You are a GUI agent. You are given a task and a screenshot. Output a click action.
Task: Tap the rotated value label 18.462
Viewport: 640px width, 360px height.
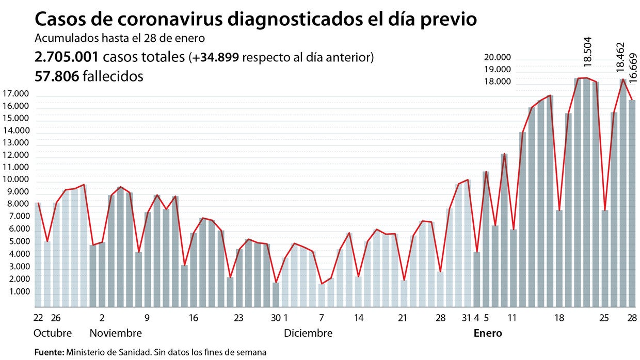pos(620,57)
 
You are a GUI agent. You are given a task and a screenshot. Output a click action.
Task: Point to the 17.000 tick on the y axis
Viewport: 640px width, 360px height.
pos(15,94)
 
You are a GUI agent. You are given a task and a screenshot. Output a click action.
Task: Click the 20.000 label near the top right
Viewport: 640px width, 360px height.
pos(498,57)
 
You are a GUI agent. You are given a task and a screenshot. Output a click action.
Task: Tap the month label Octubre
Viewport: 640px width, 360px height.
pos(53,333)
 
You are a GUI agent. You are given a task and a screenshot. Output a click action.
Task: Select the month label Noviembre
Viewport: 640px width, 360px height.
pos(116,333)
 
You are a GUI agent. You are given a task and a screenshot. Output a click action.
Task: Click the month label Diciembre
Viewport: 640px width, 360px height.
pos(308,333)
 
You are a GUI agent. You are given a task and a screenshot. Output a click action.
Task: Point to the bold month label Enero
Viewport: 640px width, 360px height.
pos(488,333)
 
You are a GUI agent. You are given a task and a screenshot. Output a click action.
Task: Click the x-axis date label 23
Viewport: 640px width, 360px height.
pos(239,318)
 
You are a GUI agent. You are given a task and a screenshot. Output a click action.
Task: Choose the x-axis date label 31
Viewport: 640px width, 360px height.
pos(466,318)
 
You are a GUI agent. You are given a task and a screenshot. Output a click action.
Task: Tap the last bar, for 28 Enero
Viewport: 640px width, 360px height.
pos(632,206)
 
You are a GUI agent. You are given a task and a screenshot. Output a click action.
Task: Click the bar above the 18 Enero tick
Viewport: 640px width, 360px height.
pos(559,258)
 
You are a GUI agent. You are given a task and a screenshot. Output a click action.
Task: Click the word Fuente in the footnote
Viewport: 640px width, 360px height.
pos(49,353)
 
